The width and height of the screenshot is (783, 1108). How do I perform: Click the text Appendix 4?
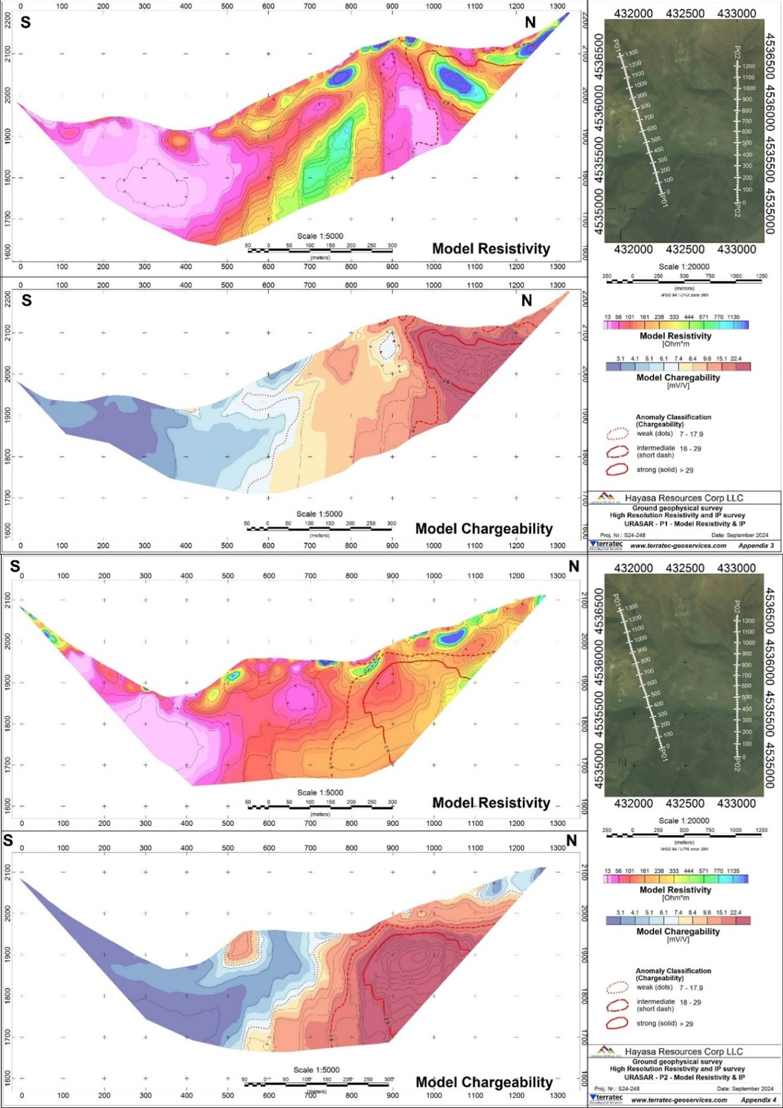click(758, 1100)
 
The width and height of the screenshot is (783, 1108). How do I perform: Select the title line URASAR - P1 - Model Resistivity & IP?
click(677, 524)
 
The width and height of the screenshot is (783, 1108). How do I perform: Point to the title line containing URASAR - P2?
click(677, 1077)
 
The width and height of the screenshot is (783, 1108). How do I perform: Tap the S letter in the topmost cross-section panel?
click(25, 23)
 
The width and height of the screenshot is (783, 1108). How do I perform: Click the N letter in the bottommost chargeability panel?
click(571, 840)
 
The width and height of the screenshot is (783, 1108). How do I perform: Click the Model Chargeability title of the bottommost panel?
click(484, 1083)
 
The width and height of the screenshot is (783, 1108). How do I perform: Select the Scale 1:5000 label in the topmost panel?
click(320, 236)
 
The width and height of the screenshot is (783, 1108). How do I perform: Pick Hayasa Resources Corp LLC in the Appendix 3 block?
click(683, 498)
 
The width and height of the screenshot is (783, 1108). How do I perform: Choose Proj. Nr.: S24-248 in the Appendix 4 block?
click(617, 1089)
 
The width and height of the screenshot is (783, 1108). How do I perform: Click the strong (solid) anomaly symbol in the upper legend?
click(617, 470)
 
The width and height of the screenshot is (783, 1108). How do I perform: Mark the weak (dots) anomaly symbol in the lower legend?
click(617, 987)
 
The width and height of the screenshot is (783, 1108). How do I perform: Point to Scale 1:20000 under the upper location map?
click(683, 267)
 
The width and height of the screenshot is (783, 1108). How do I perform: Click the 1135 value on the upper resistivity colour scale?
click(733, 317)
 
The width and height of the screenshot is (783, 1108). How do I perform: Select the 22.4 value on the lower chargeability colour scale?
click(736, 913)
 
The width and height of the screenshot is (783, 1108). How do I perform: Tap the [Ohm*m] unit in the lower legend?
click(675, 898)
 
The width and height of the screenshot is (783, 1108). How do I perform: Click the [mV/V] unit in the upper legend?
click(678, 385)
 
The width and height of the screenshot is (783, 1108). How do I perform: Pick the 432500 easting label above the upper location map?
click(685, 13)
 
